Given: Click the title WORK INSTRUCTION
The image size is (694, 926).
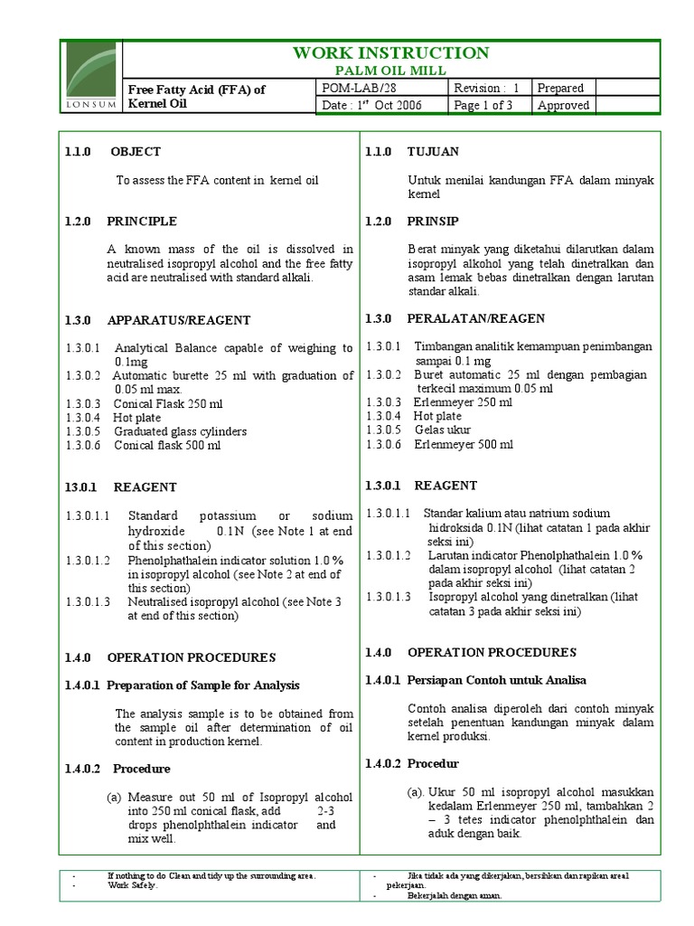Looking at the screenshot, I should point(391,53).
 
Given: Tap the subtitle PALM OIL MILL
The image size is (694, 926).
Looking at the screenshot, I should point(391,71).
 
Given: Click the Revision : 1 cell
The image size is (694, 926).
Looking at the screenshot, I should point(488,89).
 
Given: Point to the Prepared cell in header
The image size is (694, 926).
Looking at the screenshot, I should point(560,89).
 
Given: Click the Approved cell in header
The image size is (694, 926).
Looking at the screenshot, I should point(563,105).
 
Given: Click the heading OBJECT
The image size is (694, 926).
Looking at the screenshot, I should point(136,152).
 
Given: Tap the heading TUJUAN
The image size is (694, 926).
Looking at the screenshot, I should point(434,152).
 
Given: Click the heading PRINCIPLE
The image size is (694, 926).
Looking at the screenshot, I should point(142,222).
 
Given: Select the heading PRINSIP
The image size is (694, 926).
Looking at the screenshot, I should point(433,222).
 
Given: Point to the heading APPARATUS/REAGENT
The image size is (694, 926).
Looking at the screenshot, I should point(179,320).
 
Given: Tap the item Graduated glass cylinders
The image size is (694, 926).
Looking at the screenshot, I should point(180,431).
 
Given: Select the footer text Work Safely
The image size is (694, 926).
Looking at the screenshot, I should point(132,885).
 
